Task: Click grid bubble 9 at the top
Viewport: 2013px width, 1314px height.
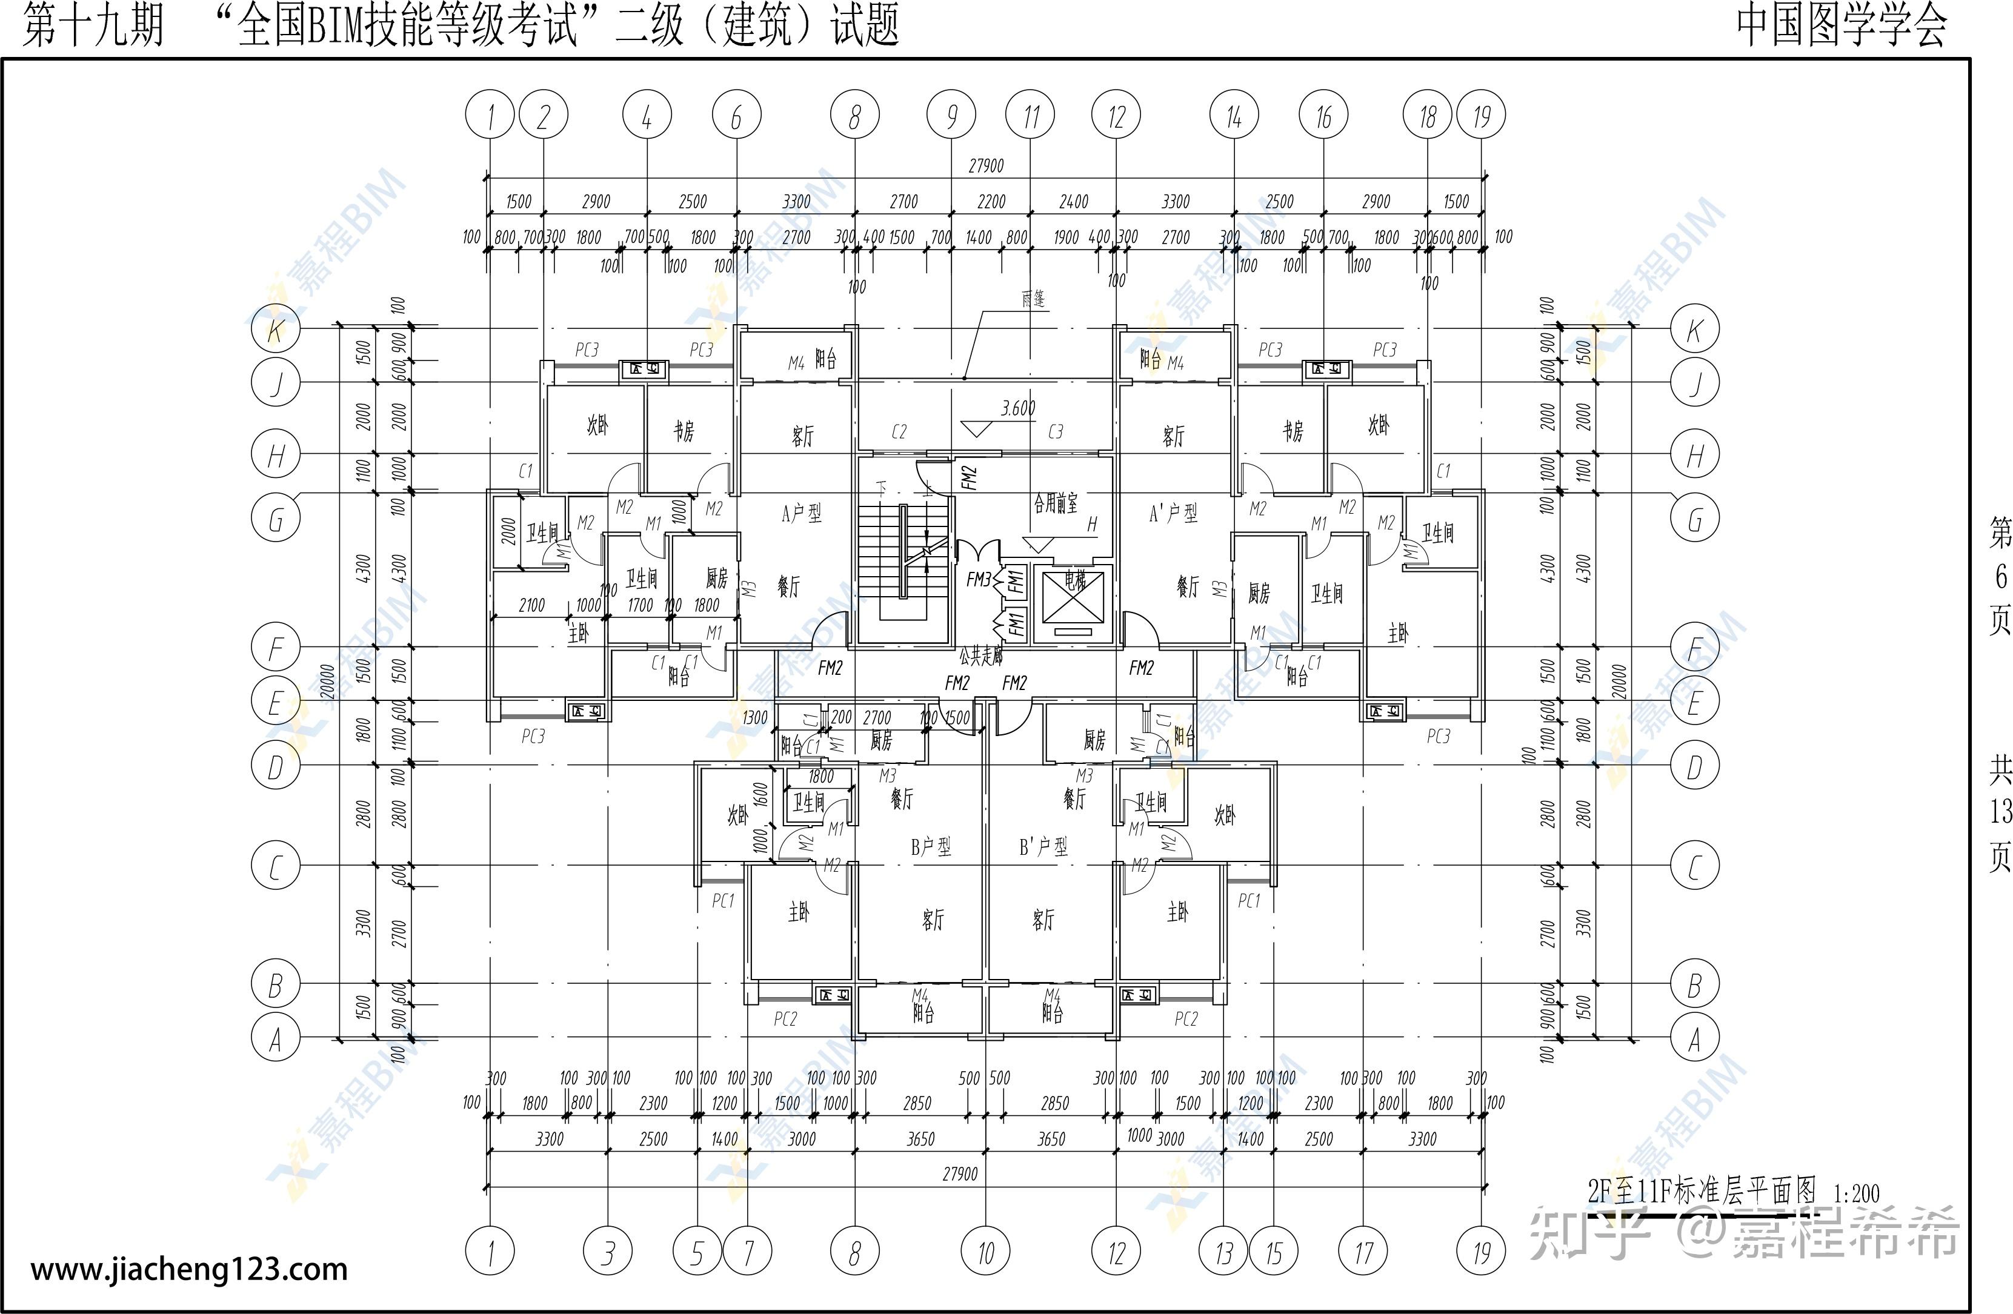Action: (951, 116)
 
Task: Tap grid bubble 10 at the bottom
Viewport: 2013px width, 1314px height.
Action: (985, 1252)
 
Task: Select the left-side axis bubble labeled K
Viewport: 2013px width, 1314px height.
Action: (276, 330)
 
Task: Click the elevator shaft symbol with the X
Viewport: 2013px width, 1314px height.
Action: (1073, 596)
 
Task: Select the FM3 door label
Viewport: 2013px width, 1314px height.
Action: (979, 580)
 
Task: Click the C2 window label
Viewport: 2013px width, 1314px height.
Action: (899, 432)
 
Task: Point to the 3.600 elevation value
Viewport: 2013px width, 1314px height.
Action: (1019, 408)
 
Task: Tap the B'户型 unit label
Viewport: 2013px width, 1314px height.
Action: (1043, 846)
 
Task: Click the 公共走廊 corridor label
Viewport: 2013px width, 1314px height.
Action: (981, 655)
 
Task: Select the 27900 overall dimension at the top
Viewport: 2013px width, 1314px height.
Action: (987, 166)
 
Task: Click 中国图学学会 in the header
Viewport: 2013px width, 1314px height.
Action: (1842, 25)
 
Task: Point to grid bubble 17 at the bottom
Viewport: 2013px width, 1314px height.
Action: (1363, 1252)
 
